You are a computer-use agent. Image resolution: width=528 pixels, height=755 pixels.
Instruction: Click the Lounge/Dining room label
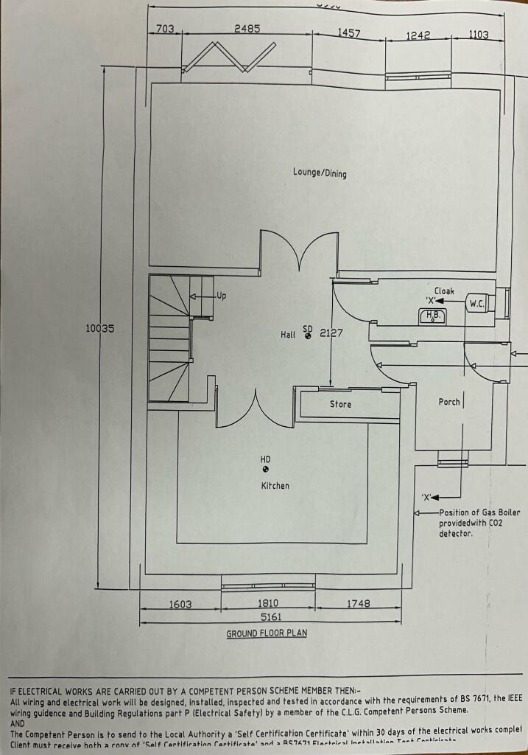click(x=320, y=173)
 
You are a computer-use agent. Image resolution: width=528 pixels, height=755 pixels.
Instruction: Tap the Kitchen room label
click(x=275, y=486)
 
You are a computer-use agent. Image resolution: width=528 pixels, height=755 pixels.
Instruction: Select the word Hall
click(x=288, y=335)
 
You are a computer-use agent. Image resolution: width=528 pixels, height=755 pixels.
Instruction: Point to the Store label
click(x=340, y=404)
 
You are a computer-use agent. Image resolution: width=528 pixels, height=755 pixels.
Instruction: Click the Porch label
click(x=449, y=402)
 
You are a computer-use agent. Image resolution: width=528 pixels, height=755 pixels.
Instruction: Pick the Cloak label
click(x=444, y=291)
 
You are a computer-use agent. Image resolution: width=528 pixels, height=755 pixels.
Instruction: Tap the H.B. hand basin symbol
click(x=432, y=316)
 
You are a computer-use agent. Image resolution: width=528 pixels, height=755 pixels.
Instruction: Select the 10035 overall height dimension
click(x=100, y=329)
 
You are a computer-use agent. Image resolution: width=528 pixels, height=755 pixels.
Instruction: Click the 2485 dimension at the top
click(x=247, y=29)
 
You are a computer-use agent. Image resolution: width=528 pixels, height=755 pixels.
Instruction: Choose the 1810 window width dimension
click(x=268, y=604)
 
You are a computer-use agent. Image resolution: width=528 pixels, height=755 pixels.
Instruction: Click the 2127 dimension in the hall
click(x=331, y=333)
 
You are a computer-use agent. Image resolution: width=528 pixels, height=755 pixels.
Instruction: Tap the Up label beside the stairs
click(x=221, y=296)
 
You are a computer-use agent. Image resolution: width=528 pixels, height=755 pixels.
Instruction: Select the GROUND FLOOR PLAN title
click(x=267, y=633)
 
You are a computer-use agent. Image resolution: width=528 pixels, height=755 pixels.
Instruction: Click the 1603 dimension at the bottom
click(x=180, y=604)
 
